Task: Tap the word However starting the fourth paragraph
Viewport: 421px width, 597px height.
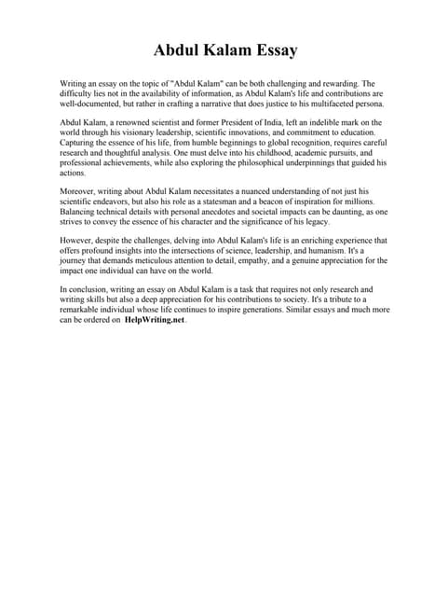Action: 77,240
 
